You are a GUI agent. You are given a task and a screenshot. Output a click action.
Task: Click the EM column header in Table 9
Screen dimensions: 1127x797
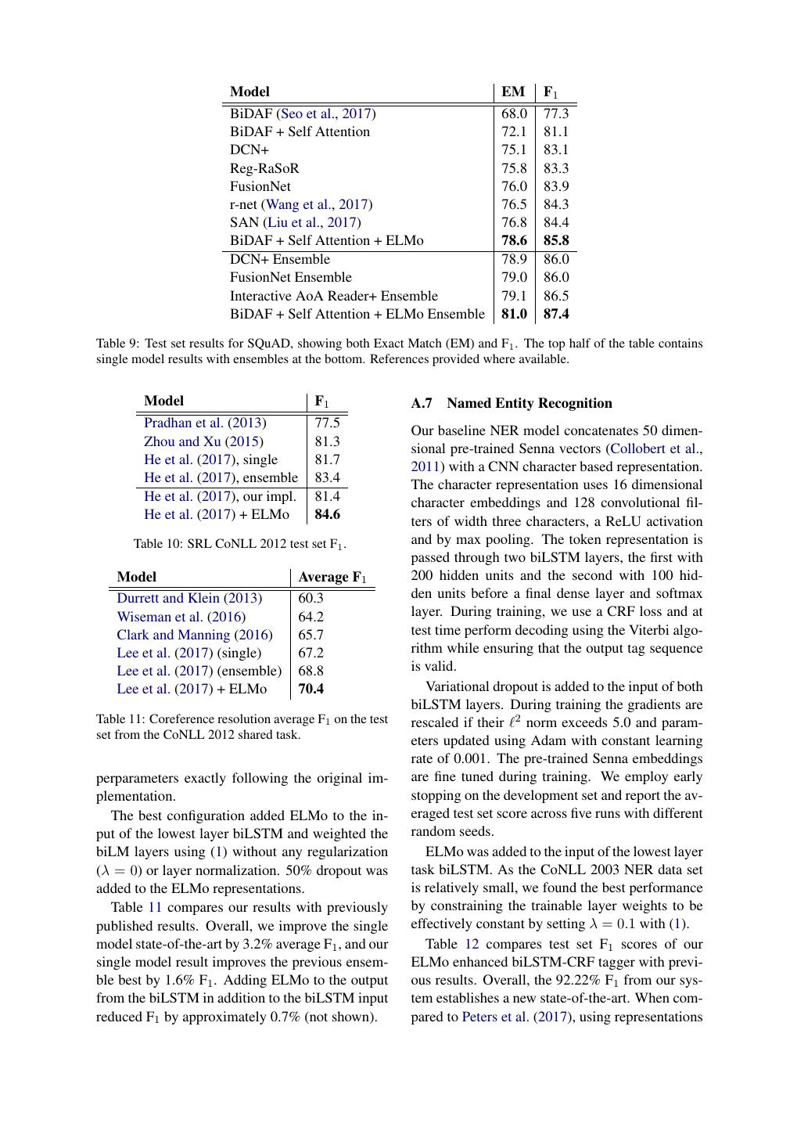point(513,92)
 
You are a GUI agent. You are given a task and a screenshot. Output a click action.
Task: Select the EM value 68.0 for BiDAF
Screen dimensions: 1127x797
point(514,113)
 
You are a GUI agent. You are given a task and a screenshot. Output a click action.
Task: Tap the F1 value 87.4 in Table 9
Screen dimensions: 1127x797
point(556,314)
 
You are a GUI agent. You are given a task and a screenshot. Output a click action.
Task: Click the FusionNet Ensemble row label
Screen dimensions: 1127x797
point(290,277)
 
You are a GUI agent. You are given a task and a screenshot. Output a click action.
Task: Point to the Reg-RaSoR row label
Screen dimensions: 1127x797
point(264,168)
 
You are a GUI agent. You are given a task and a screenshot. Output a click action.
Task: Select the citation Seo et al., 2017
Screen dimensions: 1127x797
point(326,113)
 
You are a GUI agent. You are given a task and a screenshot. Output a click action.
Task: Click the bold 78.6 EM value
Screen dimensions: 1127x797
point(514,240)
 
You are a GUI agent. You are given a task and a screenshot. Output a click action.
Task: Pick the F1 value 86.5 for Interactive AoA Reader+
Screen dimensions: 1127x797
point(556,296)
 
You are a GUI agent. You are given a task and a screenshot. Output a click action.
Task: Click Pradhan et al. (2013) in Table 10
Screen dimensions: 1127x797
point(205,423)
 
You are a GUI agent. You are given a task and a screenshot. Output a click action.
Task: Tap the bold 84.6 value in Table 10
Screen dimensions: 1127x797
point(327,514)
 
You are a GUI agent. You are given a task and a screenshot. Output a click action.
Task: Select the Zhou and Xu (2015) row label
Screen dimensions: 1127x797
point(203,441)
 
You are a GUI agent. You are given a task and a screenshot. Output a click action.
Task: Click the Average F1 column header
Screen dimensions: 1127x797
point(332,577)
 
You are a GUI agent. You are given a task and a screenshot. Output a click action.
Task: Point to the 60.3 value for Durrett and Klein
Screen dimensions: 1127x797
point(311,598)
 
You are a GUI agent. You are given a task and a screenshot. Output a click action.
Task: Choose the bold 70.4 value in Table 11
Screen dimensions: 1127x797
point(311,689)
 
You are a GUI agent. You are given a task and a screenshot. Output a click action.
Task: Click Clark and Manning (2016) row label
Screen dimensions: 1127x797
point(195,635)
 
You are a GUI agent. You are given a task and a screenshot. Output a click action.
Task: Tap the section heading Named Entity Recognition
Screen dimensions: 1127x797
point(529,403)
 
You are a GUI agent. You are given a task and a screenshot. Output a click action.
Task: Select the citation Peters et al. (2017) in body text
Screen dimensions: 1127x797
point(506,1017)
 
